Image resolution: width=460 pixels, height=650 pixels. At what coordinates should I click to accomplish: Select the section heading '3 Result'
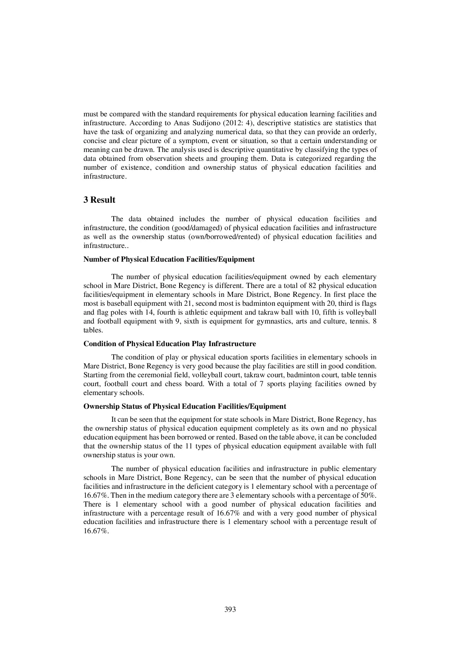pyautogui.click(x=99, y=200)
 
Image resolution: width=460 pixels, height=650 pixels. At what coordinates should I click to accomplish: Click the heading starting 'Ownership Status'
pyautogui.click(x=185, y=407)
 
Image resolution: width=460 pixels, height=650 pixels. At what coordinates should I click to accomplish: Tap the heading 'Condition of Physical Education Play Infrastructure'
pyautogui.click(x=170, y=344)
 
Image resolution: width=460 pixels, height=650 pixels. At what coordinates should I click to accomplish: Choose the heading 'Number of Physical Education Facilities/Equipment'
pyautogui.click(x=169, y=259)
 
